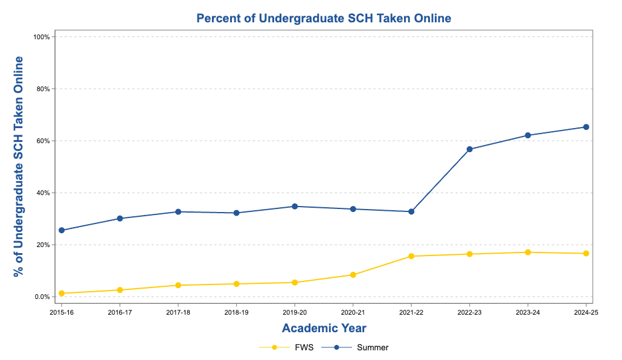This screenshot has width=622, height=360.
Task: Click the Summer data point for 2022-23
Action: pos(470,149)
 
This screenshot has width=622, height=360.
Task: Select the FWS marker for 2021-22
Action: pos(411,256)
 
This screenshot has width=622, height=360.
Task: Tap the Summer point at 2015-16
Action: pos(62,230)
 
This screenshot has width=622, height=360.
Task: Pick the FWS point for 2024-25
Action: pos(586,254)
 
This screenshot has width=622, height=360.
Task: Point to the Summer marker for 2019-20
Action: pos(295,207)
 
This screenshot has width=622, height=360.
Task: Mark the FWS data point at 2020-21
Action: pos(353,275)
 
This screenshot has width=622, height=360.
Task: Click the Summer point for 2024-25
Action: pos(586,127)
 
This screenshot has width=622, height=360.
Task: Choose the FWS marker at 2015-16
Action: pos(62,294)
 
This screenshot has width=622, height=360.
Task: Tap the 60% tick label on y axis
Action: pos(41,141)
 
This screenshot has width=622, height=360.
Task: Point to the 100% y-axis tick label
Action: pos(40,37)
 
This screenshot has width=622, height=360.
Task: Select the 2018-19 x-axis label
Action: pos(236,312)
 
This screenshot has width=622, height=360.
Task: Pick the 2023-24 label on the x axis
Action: pos(528,312)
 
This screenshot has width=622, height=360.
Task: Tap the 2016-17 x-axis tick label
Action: pos(120,312)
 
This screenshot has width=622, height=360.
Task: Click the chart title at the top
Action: pos(324,18)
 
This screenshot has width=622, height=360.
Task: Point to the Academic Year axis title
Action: pos(324,328)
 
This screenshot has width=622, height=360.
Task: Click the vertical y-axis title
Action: pos(19,166)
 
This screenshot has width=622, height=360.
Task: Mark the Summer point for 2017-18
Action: pos(178,212)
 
